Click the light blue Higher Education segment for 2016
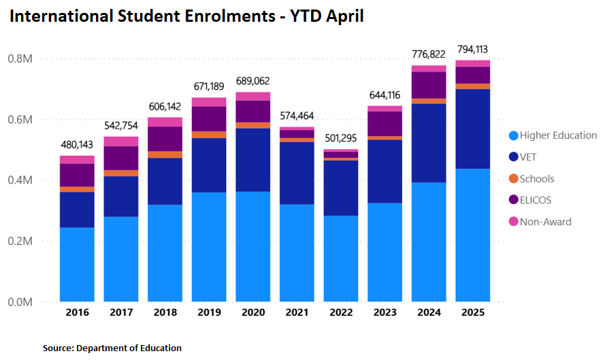coord(77,264)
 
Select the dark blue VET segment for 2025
coord(472,129)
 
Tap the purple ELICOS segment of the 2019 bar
coord(209,118)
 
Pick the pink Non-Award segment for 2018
coord(165,122)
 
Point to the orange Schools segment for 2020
coord(252,125)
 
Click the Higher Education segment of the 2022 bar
coord(341,258)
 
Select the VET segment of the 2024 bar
coord(429,143)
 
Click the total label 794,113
coord(472,49)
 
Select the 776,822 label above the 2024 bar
coord(429,54)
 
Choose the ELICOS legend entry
coord(536,200)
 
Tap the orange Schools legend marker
coord(514,179)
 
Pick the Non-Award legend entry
coord(545,222)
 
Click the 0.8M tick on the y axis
coord(20,59)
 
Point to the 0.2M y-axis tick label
coord(20,242)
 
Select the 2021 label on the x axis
coord(297,312)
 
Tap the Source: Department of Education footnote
coord(112,348)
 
